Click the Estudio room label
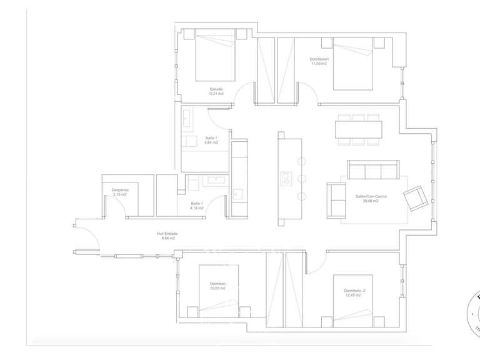216,89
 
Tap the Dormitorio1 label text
319,59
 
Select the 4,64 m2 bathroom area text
211,142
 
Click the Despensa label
120,190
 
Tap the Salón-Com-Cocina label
371,196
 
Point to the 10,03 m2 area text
218,288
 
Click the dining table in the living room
358,129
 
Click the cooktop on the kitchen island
286,178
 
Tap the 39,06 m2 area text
371,201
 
